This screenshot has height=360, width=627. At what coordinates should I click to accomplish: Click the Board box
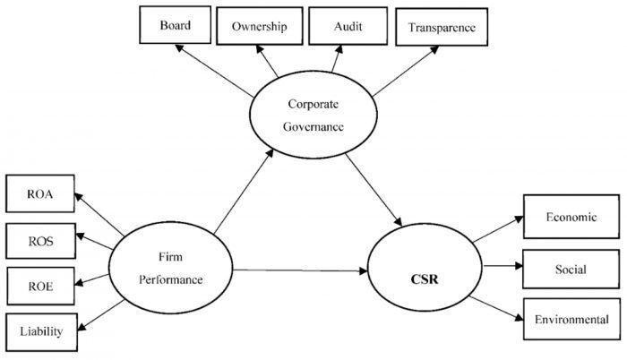pos(176,25)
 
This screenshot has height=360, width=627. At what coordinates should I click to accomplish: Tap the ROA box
pos(40,194)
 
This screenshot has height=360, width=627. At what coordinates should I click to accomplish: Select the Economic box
pos(571,217)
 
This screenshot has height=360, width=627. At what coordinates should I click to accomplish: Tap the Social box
pos(571,268)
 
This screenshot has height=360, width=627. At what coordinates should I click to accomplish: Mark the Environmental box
pos(571,319)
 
